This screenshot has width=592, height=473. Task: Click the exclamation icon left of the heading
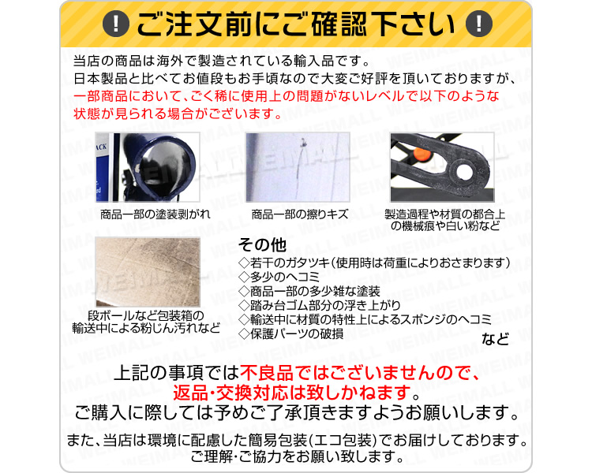point(116,24)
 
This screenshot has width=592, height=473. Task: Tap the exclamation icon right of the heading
point(479,24)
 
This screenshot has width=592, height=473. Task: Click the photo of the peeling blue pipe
point(148,166)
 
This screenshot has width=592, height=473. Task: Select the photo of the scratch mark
point(298,166)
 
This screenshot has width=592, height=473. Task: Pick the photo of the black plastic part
point(442,166)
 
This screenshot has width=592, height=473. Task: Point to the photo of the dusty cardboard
point(148,271)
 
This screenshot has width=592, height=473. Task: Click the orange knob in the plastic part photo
point(422,154)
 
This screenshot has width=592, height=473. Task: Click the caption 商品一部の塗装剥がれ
point(155,214)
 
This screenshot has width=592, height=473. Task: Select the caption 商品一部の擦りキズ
point(300,214)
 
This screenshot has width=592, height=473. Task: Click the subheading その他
point(262,245)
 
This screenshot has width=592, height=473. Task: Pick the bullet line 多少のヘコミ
point(279,277)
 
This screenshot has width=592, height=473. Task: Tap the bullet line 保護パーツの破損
point(291,333)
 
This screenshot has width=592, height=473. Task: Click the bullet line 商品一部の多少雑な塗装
point(309,291)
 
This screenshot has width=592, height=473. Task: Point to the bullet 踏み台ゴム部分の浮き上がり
point(320,305)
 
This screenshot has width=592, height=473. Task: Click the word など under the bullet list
point(495,339)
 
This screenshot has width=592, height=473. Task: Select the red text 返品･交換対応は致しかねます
point(292,393)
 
